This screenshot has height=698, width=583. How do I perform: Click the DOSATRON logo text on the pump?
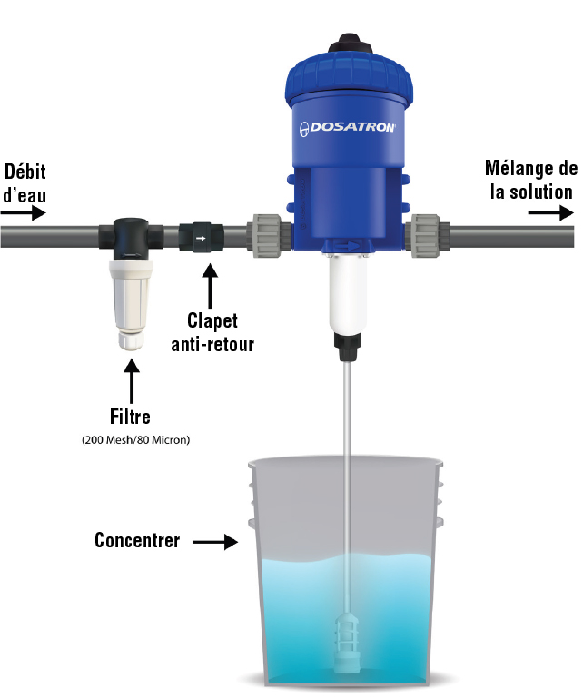pyautogui.click(x=348, y=128)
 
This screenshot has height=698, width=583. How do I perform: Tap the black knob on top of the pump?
pyautogui.click(x=349, y=44)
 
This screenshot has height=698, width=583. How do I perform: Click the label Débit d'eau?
pyautogui.click(x=25, y=183)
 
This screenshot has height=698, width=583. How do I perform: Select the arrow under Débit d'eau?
pyautogui.click(x=24, y=213)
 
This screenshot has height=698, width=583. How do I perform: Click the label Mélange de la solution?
pyautogui.click(x=531, y=180)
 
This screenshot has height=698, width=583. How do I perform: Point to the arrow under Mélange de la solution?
pyautogui.click(x=551, y=212)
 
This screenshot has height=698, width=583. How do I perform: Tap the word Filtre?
pyautogui.click(x=130, y=417)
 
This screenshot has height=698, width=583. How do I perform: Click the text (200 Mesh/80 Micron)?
pyautogui.click(x=136, y=440)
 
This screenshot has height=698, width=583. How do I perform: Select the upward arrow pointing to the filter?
pyautogui.click(x=132, y=381)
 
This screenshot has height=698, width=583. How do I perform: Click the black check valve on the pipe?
pyautogui.click(x=202, y=238)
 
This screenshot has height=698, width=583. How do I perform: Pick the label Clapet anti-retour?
pyautogui.click(x=212, y=332)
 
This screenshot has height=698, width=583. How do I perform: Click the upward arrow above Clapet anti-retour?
pyautogui.click(x=210, y=286)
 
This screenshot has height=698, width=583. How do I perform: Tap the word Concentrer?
pyautogui.click(x=137, y=540)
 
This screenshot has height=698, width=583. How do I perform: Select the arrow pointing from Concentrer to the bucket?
pyautogui.click(x=215, y=542)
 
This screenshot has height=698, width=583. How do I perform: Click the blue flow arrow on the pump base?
pyautogui.click(x=348, y=244)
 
